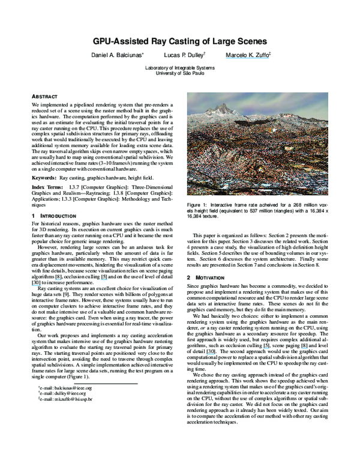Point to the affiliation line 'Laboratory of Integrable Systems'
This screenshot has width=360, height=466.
click(x=179, y=67)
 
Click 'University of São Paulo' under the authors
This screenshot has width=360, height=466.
click(x=179, y=73)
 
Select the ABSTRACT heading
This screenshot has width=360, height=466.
click(x=44, y=97)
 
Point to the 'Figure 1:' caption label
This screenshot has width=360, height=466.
click(x=198, y=206)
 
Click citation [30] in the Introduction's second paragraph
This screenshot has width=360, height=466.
click(x=35, y=281)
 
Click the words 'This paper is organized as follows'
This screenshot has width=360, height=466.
click(x=234, y=234)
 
